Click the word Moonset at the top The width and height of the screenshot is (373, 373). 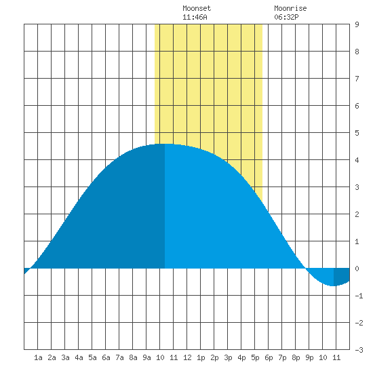(197, 8)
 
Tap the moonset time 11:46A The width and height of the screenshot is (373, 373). (195, 17)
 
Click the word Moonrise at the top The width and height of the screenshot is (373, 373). (290, 8)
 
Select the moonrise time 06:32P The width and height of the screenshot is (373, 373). (286, 17)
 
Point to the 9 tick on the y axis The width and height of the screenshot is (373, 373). (357, 24)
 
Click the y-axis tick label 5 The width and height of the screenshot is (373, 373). (357, 133)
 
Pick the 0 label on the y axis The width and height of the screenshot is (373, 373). (357, 269)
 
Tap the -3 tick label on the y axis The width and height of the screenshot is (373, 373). (359, 350)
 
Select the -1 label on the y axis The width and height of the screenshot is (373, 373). (359, 296)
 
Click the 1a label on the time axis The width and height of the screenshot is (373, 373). (38, 357)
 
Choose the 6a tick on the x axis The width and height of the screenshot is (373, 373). (106, 357)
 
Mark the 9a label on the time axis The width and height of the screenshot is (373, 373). (146, 357)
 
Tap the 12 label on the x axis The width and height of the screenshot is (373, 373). (187, 357)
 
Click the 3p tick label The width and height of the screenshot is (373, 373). (228, 357)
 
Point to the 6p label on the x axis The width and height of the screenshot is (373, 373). (269, 357)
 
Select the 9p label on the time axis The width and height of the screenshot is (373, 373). (309, 357)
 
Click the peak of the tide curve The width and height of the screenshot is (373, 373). (165, 144)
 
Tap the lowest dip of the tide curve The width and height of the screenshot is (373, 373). (334, 286)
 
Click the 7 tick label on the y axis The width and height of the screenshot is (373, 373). (357, 79)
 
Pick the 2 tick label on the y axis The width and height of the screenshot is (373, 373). (357, 214)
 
